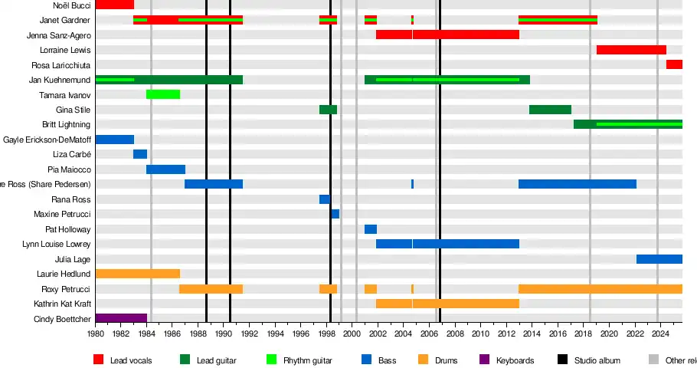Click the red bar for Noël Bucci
114,5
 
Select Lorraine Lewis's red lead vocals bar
631,50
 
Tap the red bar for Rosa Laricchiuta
674,64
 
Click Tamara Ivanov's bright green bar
163,94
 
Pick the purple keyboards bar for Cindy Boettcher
121,319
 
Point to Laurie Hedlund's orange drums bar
138,274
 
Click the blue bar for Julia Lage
659,259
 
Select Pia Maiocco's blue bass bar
165,169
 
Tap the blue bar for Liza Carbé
140,154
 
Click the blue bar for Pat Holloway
371,229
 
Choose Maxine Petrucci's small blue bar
335,214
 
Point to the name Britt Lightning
66,125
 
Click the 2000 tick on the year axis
352,334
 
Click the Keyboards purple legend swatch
483,360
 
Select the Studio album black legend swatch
562,360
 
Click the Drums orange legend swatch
422,360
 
